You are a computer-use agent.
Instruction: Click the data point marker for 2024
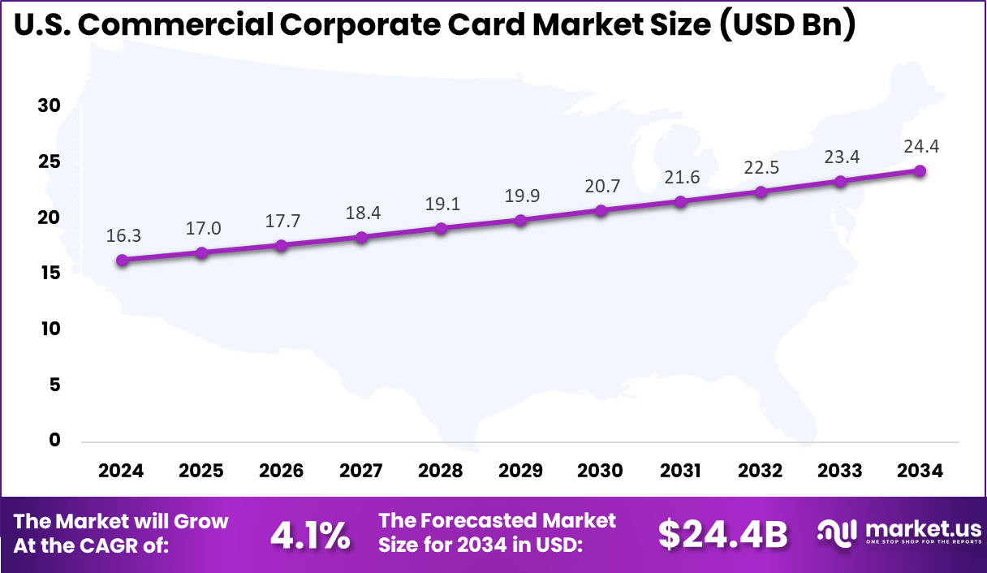coord(122,261)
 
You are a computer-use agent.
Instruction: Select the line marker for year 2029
coord(521,220)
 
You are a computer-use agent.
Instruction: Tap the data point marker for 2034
coord(920,171)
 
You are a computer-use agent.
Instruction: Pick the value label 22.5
coord(761,166)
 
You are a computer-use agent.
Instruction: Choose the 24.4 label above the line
coord(920,147)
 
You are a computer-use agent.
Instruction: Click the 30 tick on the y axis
coord(50,106)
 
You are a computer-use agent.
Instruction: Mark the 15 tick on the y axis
coord(50,274)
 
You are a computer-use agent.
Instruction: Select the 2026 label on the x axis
coord(281,472)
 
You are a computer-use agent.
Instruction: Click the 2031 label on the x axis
coord(680,472)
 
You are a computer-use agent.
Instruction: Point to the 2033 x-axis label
coord(840,472)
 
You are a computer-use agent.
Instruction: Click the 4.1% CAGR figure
coord(309,534)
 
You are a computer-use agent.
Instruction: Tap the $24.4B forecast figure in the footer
coord(722,534)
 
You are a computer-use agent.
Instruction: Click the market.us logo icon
coord(838,532)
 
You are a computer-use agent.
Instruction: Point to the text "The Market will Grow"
coord(122,521)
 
